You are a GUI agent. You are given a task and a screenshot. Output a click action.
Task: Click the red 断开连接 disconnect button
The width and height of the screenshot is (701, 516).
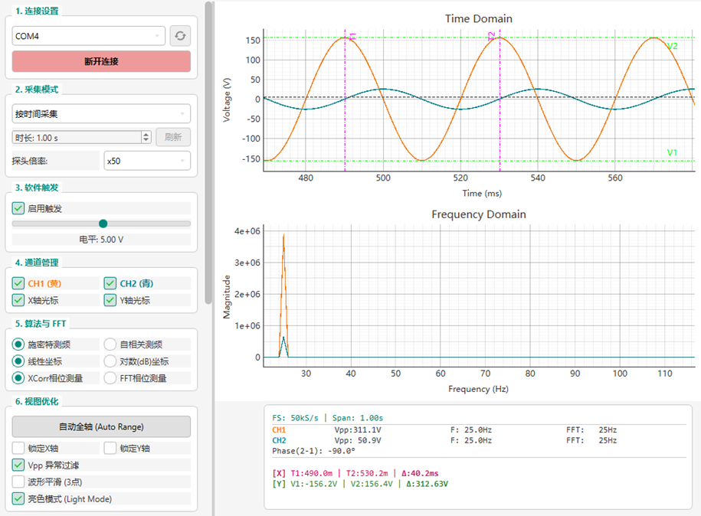(101, 61)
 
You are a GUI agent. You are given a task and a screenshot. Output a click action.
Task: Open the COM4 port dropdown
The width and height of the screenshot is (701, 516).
(89, 36)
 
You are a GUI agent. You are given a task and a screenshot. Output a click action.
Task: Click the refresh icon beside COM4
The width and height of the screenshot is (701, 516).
(180, 36)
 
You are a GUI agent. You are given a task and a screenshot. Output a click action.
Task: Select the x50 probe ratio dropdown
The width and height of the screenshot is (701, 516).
(147, 161)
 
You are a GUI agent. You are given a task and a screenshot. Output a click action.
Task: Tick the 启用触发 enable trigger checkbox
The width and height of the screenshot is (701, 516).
(18, 208)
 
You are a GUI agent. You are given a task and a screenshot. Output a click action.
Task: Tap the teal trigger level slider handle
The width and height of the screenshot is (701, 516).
(103, 224)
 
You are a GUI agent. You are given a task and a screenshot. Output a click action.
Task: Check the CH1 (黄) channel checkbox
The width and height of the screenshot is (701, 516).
(18, 283)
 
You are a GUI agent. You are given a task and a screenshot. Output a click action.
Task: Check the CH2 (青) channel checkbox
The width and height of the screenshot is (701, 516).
(110, 283)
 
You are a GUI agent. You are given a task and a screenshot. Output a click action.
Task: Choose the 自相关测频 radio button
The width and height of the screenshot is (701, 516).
(110, 345)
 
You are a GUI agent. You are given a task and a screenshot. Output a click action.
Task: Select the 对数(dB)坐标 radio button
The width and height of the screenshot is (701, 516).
(110, 361)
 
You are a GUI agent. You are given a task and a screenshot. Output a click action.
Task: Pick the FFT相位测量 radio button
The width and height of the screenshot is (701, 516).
(110, 378)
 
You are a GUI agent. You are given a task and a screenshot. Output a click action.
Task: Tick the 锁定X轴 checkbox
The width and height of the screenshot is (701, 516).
(18, 448)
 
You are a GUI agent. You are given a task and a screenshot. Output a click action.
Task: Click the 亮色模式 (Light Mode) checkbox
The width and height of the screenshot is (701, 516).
(18, 498)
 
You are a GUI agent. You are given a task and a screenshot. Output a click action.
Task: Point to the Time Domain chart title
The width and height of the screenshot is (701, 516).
(478, 19)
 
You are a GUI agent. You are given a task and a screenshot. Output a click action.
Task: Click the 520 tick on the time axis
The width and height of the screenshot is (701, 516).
(460, 178)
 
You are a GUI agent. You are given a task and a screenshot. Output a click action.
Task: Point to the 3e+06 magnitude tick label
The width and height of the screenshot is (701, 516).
(247, 263)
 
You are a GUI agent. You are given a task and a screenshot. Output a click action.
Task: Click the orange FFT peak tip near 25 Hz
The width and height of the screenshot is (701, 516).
(283, 235)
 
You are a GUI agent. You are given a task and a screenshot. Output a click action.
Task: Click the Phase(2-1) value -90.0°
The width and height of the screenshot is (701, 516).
(342, 451)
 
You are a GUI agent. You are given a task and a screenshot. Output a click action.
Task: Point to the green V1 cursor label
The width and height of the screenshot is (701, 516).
(672, 152)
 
